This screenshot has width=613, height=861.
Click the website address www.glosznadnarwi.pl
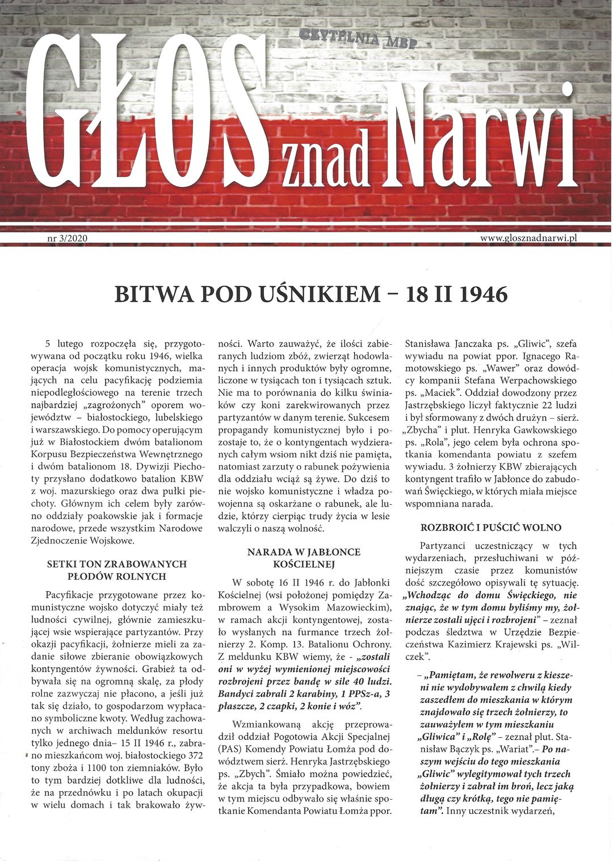coord(528,239)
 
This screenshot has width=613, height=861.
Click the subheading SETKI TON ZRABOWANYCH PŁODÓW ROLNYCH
coord(116,570)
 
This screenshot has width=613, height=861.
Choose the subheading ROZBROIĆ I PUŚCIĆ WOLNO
coord(490,528)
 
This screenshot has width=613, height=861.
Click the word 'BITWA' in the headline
coord(148,294)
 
